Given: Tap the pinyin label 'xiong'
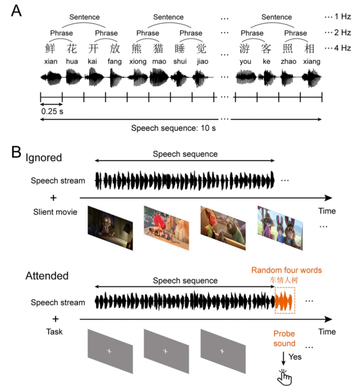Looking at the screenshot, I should tap(139, 61).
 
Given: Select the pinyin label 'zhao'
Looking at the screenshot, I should tap(288, 61).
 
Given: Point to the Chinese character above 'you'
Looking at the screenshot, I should tap(245, 48).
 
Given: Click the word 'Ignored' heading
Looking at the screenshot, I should tap(44, 158).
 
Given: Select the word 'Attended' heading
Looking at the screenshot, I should tap(47, 276).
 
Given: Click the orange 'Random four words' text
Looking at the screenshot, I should tap(286, 270).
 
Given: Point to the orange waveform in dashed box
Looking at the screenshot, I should tap(285, 301).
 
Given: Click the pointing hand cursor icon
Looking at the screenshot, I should tap(284, 376).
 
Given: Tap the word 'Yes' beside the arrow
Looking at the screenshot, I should tap(295, 357).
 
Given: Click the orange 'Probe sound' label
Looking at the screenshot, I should tap(284, 338).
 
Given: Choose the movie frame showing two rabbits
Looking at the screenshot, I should tap(280, 228).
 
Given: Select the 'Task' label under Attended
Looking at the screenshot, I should tap(54, 331).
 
